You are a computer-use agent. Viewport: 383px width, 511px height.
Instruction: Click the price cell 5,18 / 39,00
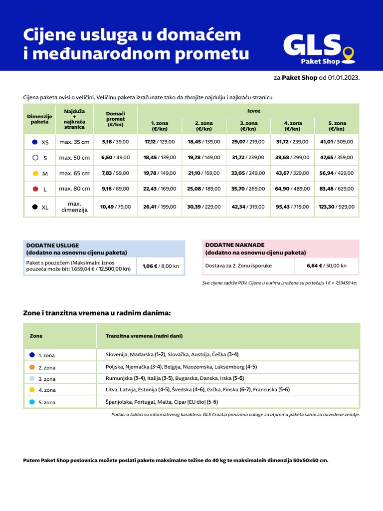tap(115, 142)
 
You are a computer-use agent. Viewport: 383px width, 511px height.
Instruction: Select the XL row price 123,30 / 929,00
tap(337, 207)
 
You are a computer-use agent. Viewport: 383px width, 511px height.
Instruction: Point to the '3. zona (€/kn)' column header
tap(248, 126)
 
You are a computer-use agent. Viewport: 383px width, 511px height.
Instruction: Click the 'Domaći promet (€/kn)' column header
tap(115, 119)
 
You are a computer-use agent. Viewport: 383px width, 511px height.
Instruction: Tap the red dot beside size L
tap(35, 189)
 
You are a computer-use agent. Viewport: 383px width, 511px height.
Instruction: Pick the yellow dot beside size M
tap(35, 173)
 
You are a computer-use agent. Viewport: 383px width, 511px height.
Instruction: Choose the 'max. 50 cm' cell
tap(74, 158)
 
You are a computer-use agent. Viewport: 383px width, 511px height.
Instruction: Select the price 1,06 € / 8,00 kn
tap(161, 266)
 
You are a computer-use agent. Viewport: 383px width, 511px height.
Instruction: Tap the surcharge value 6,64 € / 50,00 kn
tap(327, 265)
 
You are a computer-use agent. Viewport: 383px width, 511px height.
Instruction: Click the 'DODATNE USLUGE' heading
tap(52, 246)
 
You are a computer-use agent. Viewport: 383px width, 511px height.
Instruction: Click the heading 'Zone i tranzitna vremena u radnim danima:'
tap(97, 313)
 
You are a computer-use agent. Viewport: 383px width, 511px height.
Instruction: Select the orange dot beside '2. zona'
tap(32, 367)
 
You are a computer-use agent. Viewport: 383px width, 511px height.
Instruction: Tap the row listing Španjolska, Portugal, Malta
tap(162, 402)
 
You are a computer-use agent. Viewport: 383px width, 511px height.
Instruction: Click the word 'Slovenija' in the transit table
tap(116, 354)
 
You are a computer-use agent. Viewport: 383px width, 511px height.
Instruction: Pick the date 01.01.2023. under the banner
tap(344, 78)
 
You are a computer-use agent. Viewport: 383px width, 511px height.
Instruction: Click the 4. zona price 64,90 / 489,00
tap(293, 189)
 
